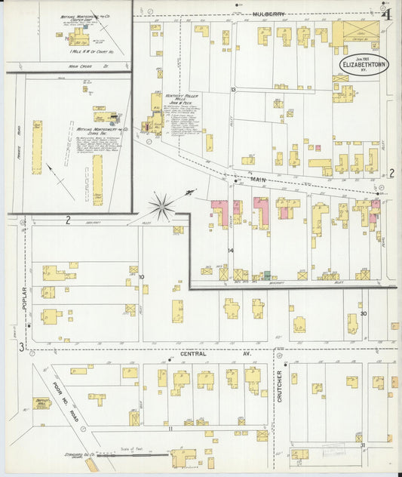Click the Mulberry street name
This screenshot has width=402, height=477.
point(267,14)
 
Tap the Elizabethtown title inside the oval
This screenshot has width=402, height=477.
point(365,65)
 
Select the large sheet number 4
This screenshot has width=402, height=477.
point(386,13)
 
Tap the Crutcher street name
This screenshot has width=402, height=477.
point(279,386)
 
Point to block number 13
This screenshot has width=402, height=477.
point(234,91)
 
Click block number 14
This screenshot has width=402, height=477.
point(231,250)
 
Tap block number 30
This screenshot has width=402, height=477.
point(364,313)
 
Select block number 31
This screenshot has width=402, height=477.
point(364,445)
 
